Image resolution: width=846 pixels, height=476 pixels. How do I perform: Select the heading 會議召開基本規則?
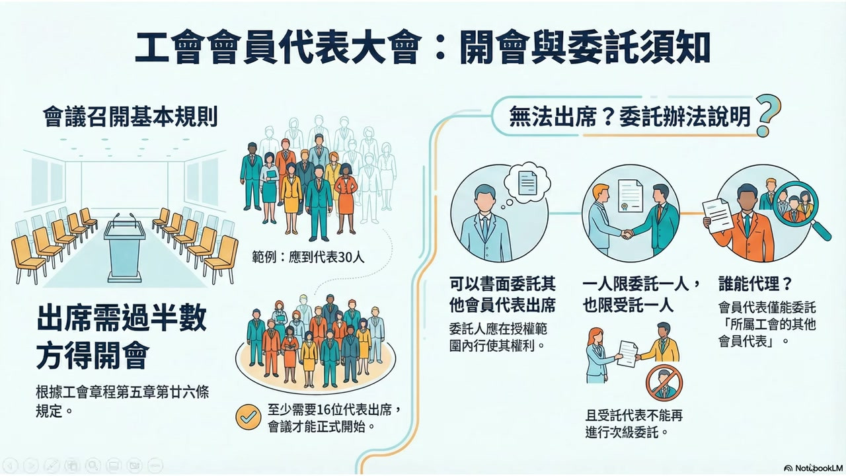coord(130,118)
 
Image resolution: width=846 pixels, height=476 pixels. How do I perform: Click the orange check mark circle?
coord(248,417)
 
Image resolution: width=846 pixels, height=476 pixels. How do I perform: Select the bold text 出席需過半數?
coord(122,319)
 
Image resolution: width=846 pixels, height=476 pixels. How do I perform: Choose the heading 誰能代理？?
coord(755,284)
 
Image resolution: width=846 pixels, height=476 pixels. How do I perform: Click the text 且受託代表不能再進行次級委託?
coord(634,424)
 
